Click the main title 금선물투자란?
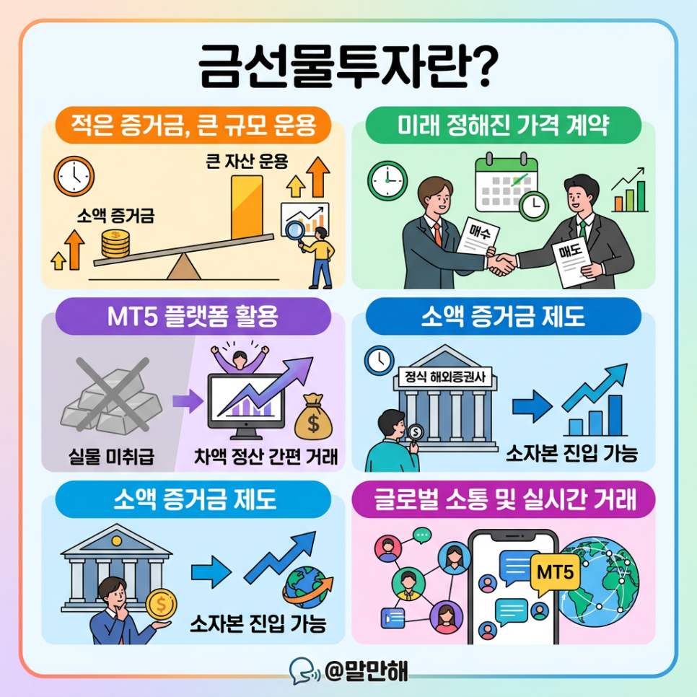(x=348, y=69)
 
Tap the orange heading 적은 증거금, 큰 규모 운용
(x=193, y=127)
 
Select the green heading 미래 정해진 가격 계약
(x=504, y=127)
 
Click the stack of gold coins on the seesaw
(x=115, y=244)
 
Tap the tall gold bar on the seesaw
(x=248, y=205)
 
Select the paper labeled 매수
(x=478, y=234)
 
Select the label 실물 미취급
(x=108, y=456)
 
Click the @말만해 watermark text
(x=366, y=670)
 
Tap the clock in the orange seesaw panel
(x=74, y=175)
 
